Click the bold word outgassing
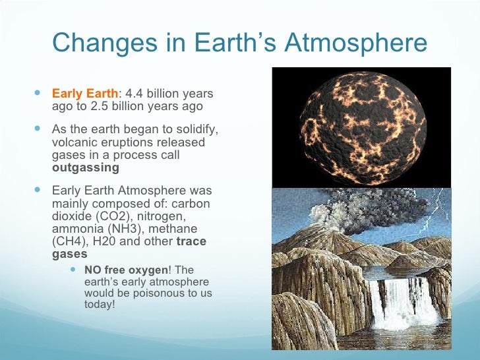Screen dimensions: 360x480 [85, 167]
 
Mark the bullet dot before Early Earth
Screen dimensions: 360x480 [36, 93]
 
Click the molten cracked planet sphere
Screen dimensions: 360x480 [363, 127]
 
